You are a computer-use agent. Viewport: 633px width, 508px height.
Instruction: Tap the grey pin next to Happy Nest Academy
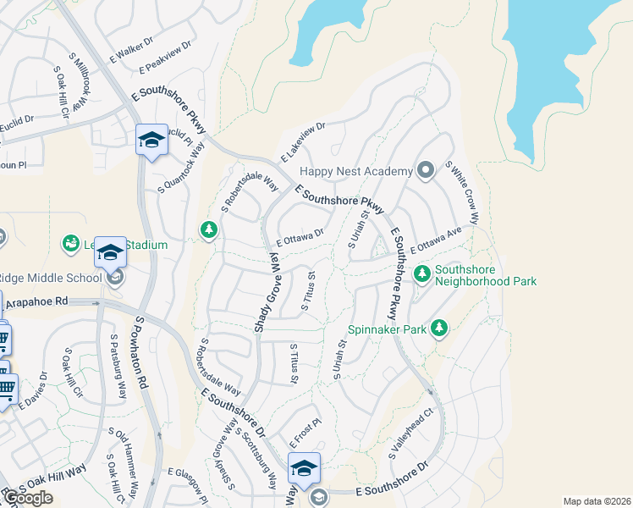pos(426,171)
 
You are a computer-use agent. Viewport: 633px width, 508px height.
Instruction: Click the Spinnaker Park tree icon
pos(438,329)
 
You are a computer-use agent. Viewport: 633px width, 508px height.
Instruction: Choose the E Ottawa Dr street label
pos(300,236)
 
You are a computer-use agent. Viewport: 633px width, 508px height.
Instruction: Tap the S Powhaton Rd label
pos(141,353)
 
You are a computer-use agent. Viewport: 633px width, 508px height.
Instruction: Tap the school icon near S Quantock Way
pos(151,140)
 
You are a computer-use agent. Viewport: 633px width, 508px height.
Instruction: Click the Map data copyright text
pos(597,501)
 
